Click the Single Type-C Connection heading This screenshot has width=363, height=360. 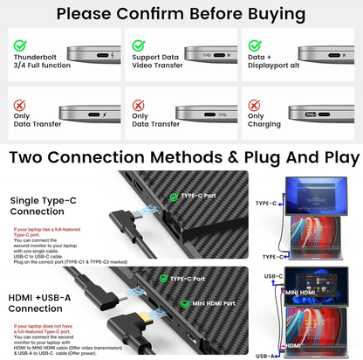point(44,207)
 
